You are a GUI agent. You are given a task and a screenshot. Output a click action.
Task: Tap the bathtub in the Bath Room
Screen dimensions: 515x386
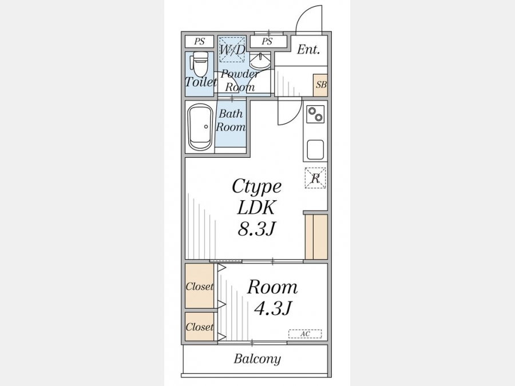tap(200, 128)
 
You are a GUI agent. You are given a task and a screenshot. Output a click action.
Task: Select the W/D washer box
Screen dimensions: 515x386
tap(232, 49)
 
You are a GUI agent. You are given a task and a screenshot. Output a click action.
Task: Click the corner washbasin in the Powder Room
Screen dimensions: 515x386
tap(260, 60)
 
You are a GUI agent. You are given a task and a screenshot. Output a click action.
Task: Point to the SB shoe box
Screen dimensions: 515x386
tap(321, 85)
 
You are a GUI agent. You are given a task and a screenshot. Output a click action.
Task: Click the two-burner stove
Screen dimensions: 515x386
tap(315, 114)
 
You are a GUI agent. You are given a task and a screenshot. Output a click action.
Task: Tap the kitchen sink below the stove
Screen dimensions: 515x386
tap(315, 150)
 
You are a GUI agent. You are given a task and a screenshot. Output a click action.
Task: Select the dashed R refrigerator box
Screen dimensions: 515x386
tap(315, 178)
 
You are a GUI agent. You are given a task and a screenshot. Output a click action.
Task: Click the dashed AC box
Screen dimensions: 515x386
tap(305, 334)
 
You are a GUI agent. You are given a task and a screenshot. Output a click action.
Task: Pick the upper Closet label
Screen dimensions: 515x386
tap(199, 286)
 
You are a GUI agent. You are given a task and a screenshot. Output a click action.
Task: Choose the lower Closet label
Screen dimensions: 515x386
tap(199, 327)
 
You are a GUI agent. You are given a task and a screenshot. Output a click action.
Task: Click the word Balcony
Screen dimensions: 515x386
tap(257, 359)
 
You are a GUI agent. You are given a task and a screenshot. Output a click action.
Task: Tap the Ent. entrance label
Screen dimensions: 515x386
tap(308, 50)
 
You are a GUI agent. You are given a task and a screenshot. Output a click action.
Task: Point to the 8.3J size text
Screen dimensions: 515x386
tap(256, 229)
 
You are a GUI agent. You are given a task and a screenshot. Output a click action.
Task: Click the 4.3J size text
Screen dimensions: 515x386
tap(272, 308)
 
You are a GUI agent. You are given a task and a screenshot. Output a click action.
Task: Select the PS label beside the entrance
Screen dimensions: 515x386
tap(267, 41)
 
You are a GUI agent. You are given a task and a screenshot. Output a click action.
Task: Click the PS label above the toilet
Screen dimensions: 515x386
tap(199, 41)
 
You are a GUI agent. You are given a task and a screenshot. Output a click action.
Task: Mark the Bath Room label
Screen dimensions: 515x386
tap(231, 120)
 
